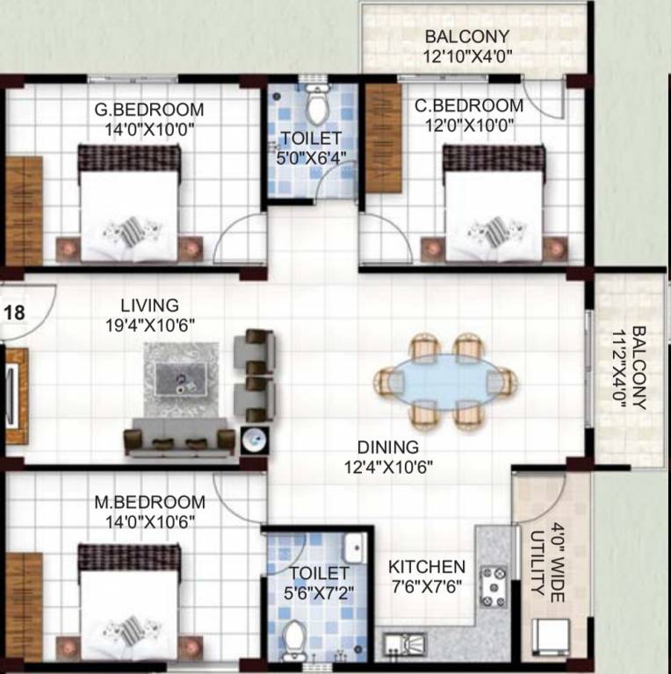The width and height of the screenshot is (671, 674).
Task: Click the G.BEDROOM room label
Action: pos(148,111)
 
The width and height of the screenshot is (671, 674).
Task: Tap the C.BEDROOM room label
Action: pos(469,105)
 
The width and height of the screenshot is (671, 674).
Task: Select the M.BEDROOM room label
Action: pos(149,503)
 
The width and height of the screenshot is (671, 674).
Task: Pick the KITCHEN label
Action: pos(427,566)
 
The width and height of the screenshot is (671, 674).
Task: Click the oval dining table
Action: pos(445,380)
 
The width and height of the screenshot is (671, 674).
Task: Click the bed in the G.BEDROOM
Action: pos(130,206)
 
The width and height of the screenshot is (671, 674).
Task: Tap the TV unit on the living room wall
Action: pos(14,396)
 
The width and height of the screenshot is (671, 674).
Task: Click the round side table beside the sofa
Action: pos(252,439)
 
